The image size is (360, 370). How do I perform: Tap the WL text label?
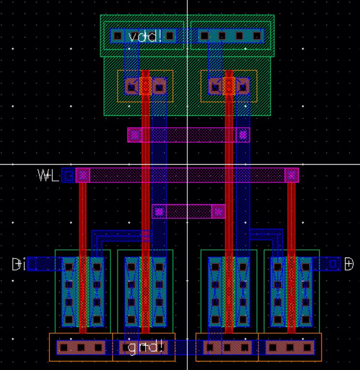(x=48, y=176)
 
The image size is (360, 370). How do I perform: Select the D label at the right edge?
(x=349, y=264)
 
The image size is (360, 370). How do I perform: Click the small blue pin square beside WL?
(x=68, y=176)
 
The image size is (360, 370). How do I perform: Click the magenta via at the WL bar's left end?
(x=83, y=176)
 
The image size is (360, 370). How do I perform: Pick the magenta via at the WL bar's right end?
(x=291, y=176)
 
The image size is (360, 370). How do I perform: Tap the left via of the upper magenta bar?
(x=135, y=135)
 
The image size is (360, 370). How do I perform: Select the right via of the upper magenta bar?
(x=243, y=135)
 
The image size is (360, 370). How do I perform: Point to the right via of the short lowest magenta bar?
(x=218, y=211)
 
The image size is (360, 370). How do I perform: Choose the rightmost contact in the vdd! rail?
(x=257, y=35)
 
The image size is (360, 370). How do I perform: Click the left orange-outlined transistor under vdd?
(x=146, y=87)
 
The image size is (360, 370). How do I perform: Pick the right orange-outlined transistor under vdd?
(x=229, y=87)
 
